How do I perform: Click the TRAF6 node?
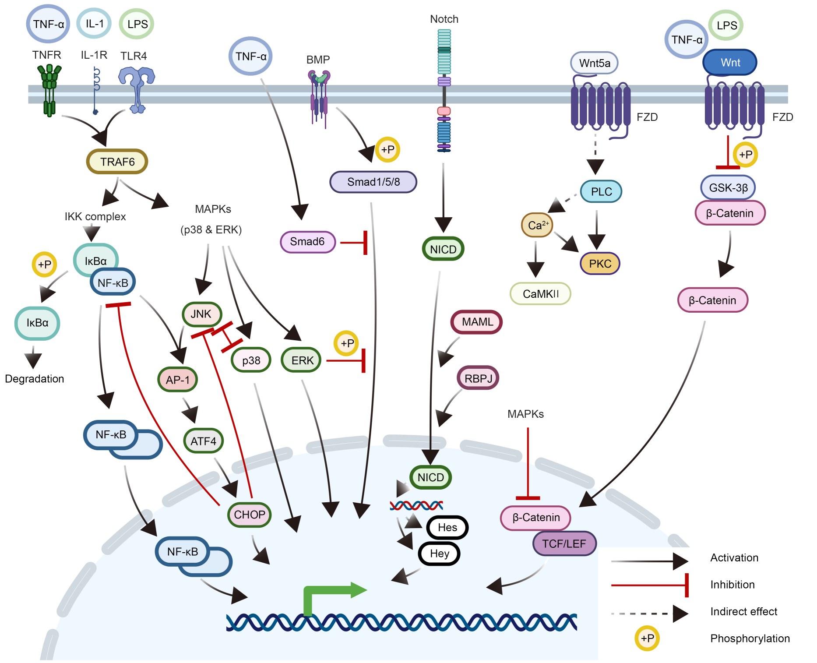[x=117, y=162]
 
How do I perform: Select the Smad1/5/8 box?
[x=373, y=182]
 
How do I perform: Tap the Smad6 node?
[x=307, y=242]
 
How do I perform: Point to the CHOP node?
[x=250, y=515]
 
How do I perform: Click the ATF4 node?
[x=203, y=441]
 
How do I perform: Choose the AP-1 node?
[x=178, y=380]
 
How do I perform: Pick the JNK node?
[x=201, y=314]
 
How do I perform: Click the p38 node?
[x=251, y=360]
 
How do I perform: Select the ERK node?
[x=302, y=360]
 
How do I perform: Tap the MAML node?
[x=477, y=322]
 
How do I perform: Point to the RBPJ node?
[x=478, y=378]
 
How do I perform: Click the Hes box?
[x=447, y=527]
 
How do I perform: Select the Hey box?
[x=439, y=554]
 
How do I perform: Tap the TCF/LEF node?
[x=564, y=544]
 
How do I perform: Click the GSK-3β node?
[x=728, y=188]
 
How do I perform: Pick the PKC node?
[x=600, y=264]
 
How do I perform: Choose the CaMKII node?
[x=541, y=294]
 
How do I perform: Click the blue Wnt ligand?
[x=730, y=63]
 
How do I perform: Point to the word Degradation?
[x=35, y=379]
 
